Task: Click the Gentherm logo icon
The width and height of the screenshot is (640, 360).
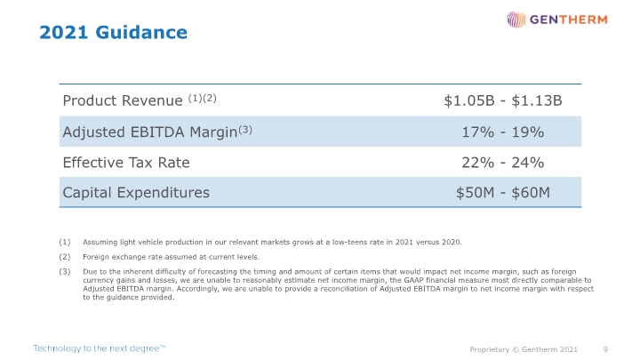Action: (516, 20)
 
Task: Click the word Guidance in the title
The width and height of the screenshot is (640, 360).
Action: (141, 32)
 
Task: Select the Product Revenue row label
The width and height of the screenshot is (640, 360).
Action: (123, 100)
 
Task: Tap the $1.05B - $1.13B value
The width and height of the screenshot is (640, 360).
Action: (503, 100)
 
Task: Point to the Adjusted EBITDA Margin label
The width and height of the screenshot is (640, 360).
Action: (150, 132)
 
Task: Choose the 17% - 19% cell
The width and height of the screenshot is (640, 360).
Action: (503, 132)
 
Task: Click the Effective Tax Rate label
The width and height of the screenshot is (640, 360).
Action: (126, 163)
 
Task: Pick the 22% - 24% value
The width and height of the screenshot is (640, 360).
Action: (503, 163)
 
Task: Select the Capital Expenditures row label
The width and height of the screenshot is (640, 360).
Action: (136, 193)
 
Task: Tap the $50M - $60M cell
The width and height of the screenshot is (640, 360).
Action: (503, 193)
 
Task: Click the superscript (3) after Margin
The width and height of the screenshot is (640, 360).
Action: (245, 130)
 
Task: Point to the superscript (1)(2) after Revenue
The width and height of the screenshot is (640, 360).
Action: (202, 99)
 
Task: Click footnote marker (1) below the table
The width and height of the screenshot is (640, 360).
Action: (65, 242)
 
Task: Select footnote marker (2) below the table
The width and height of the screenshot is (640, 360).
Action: (65, 257)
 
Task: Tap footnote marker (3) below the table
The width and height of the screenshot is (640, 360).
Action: (65, 271)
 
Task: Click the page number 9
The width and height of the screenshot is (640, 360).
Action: (605, 349)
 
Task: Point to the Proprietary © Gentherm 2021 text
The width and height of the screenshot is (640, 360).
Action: (524, 349)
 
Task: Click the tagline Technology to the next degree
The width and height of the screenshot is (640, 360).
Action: (100, 348)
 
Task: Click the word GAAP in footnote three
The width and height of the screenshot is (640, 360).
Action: (414, 280)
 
